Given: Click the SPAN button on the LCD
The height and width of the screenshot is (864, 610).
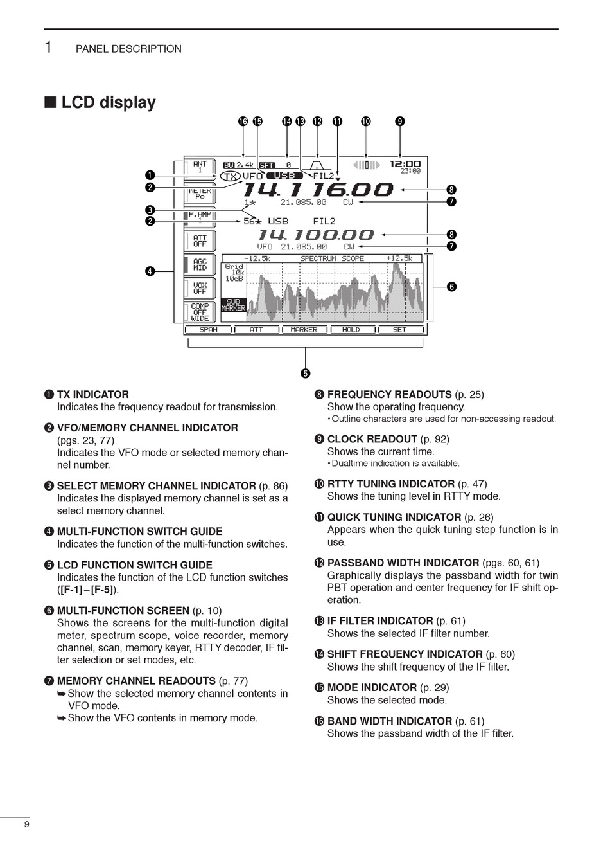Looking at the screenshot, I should click(x=208, y=330).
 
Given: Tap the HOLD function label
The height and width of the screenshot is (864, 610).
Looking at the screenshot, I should click(x=351, y=330).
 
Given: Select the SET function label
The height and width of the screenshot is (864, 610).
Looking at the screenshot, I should click(x=399, y=330).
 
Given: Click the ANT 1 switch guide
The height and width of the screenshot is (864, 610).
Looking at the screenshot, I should click(x=200, y=167).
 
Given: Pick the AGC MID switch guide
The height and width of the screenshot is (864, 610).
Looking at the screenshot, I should click(x=200, y=265).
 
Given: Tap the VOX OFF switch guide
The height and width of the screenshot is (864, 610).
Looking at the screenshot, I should click(x=200, y=288).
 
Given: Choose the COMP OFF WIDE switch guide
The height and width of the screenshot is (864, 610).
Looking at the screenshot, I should click(x=200, y=312).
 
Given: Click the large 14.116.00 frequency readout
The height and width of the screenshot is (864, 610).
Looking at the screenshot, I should click(x=317, y=190).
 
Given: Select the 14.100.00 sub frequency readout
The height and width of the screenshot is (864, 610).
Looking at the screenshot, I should click(x=315, y=235).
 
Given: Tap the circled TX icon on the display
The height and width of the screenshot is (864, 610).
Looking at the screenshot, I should click(x=231, y=176).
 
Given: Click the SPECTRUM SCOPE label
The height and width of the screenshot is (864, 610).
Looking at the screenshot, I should click(x=332, y=258).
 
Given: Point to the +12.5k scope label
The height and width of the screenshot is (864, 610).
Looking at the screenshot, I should click(x=399, y=258).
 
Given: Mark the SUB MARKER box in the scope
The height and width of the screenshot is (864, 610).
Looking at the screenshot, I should click(x=233, y=305).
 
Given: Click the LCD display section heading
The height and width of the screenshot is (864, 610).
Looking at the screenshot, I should click(x=108, y=103).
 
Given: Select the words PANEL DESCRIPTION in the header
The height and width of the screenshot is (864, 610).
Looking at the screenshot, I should click(x=128, y=49).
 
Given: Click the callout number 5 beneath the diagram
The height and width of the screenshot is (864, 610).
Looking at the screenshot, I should click(x=305, y=373).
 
